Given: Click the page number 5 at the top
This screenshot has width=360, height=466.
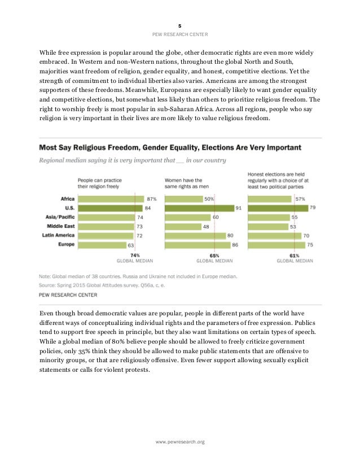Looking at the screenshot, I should (180, 26).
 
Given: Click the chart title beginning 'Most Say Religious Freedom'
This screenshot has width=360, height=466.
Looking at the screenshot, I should (169, 148).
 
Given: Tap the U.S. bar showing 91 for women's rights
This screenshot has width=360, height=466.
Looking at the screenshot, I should (210, 208).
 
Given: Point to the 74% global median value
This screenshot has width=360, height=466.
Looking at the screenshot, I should (135, 255).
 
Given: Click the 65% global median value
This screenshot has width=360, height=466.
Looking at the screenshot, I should (214, 255).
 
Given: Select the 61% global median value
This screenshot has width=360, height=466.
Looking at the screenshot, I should (294, 255).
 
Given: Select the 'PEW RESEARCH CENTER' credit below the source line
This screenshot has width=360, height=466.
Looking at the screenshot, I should (68, 294).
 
